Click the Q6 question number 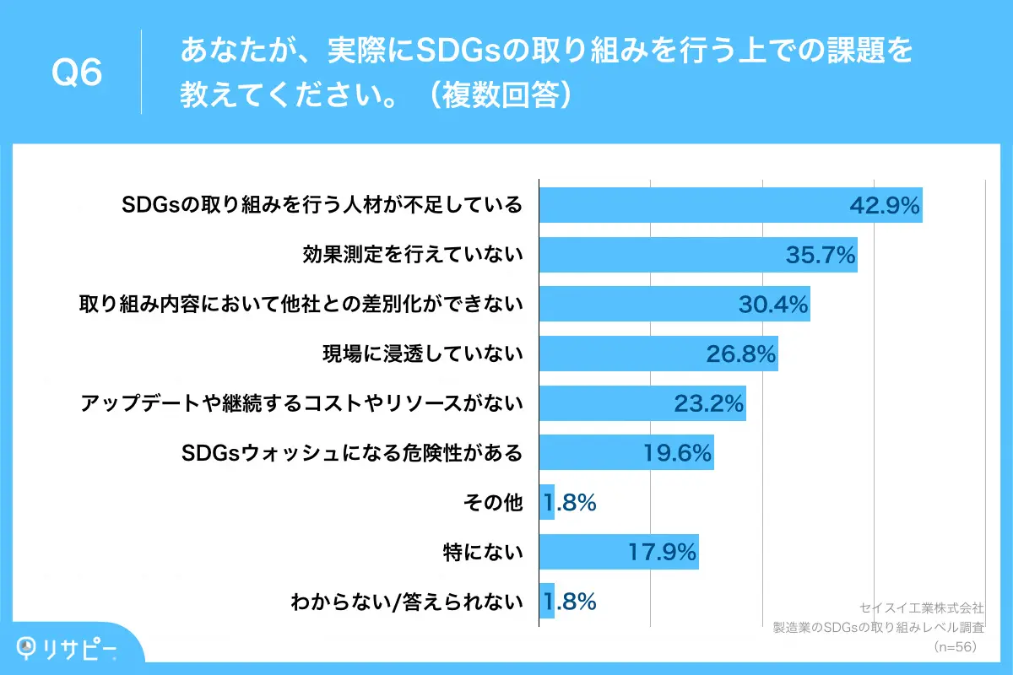point(77,73)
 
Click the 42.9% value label point(883,206)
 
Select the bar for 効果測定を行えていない point(697,255)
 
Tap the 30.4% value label point(773,305)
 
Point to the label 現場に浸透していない point(423,354)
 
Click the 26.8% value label point(740,354)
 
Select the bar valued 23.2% point(642,403)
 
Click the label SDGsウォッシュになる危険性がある point(352,453)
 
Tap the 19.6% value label point(678,453)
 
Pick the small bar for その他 point(547,503)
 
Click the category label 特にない point(483,553)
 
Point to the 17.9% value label point(662,553)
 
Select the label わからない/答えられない point(407,602)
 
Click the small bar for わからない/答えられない point(547,602)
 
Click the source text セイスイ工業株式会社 point(921,607)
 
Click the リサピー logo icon point(30,647)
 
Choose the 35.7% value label point(821,255)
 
